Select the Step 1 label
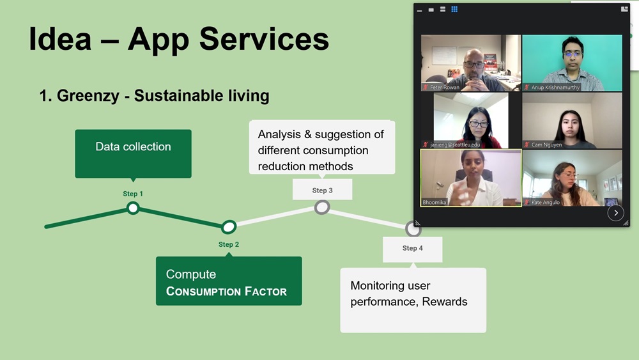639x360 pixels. point(133,194)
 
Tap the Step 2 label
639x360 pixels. point(229,245)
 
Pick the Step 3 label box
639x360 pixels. point(322,191)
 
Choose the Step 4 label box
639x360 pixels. point(412,249)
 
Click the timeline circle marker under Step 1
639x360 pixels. point(133,208)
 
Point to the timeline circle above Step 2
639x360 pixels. point(229,227)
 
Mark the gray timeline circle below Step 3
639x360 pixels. point(322,207)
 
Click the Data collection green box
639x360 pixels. point(133,153)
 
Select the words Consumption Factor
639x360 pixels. point(226,292)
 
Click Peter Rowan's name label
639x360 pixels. point(445,88)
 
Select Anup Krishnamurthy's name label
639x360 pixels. point(555,88)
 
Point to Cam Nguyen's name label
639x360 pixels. point(546,145)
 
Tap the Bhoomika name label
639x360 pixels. point(435,203)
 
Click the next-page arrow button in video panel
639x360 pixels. point(615,213)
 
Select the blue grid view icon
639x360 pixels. point(454,10)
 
